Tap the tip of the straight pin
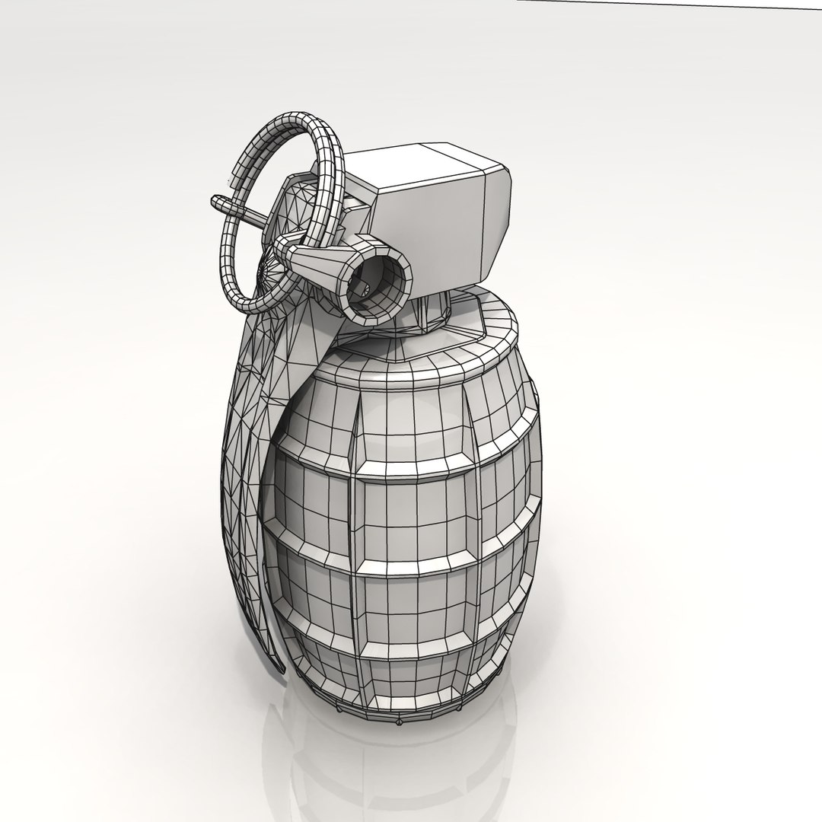pos(215,202)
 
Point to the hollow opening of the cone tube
pos(378,282)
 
